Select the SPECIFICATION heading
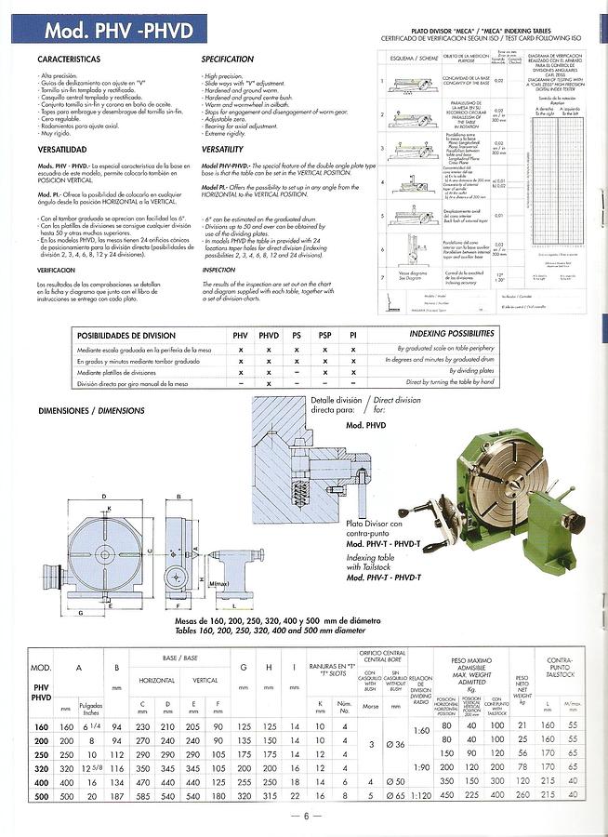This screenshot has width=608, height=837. (x=228, y=60)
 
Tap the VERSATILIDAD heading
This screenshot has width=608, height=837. (x=62, y=150)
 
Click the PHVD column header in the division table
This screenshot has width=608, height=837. (x=269, y=336)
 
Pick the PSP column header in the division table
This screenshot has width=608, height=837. (x=324, y=336)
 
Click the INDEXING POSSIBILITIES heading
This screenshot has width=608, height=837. (x=452, y=333)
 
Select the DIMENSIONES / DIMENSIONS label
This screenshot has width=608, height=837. (x=91, y=410)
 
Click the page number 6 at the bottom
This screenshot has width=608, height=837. (x=304, y=817)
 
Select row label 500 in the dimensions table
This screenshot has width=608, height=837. (x=40, y=797)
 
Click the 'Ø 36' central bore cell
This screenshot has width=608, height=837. (x=395, y=746)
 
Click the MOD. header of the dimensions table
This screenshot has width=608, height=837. (x=40, y=669)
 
